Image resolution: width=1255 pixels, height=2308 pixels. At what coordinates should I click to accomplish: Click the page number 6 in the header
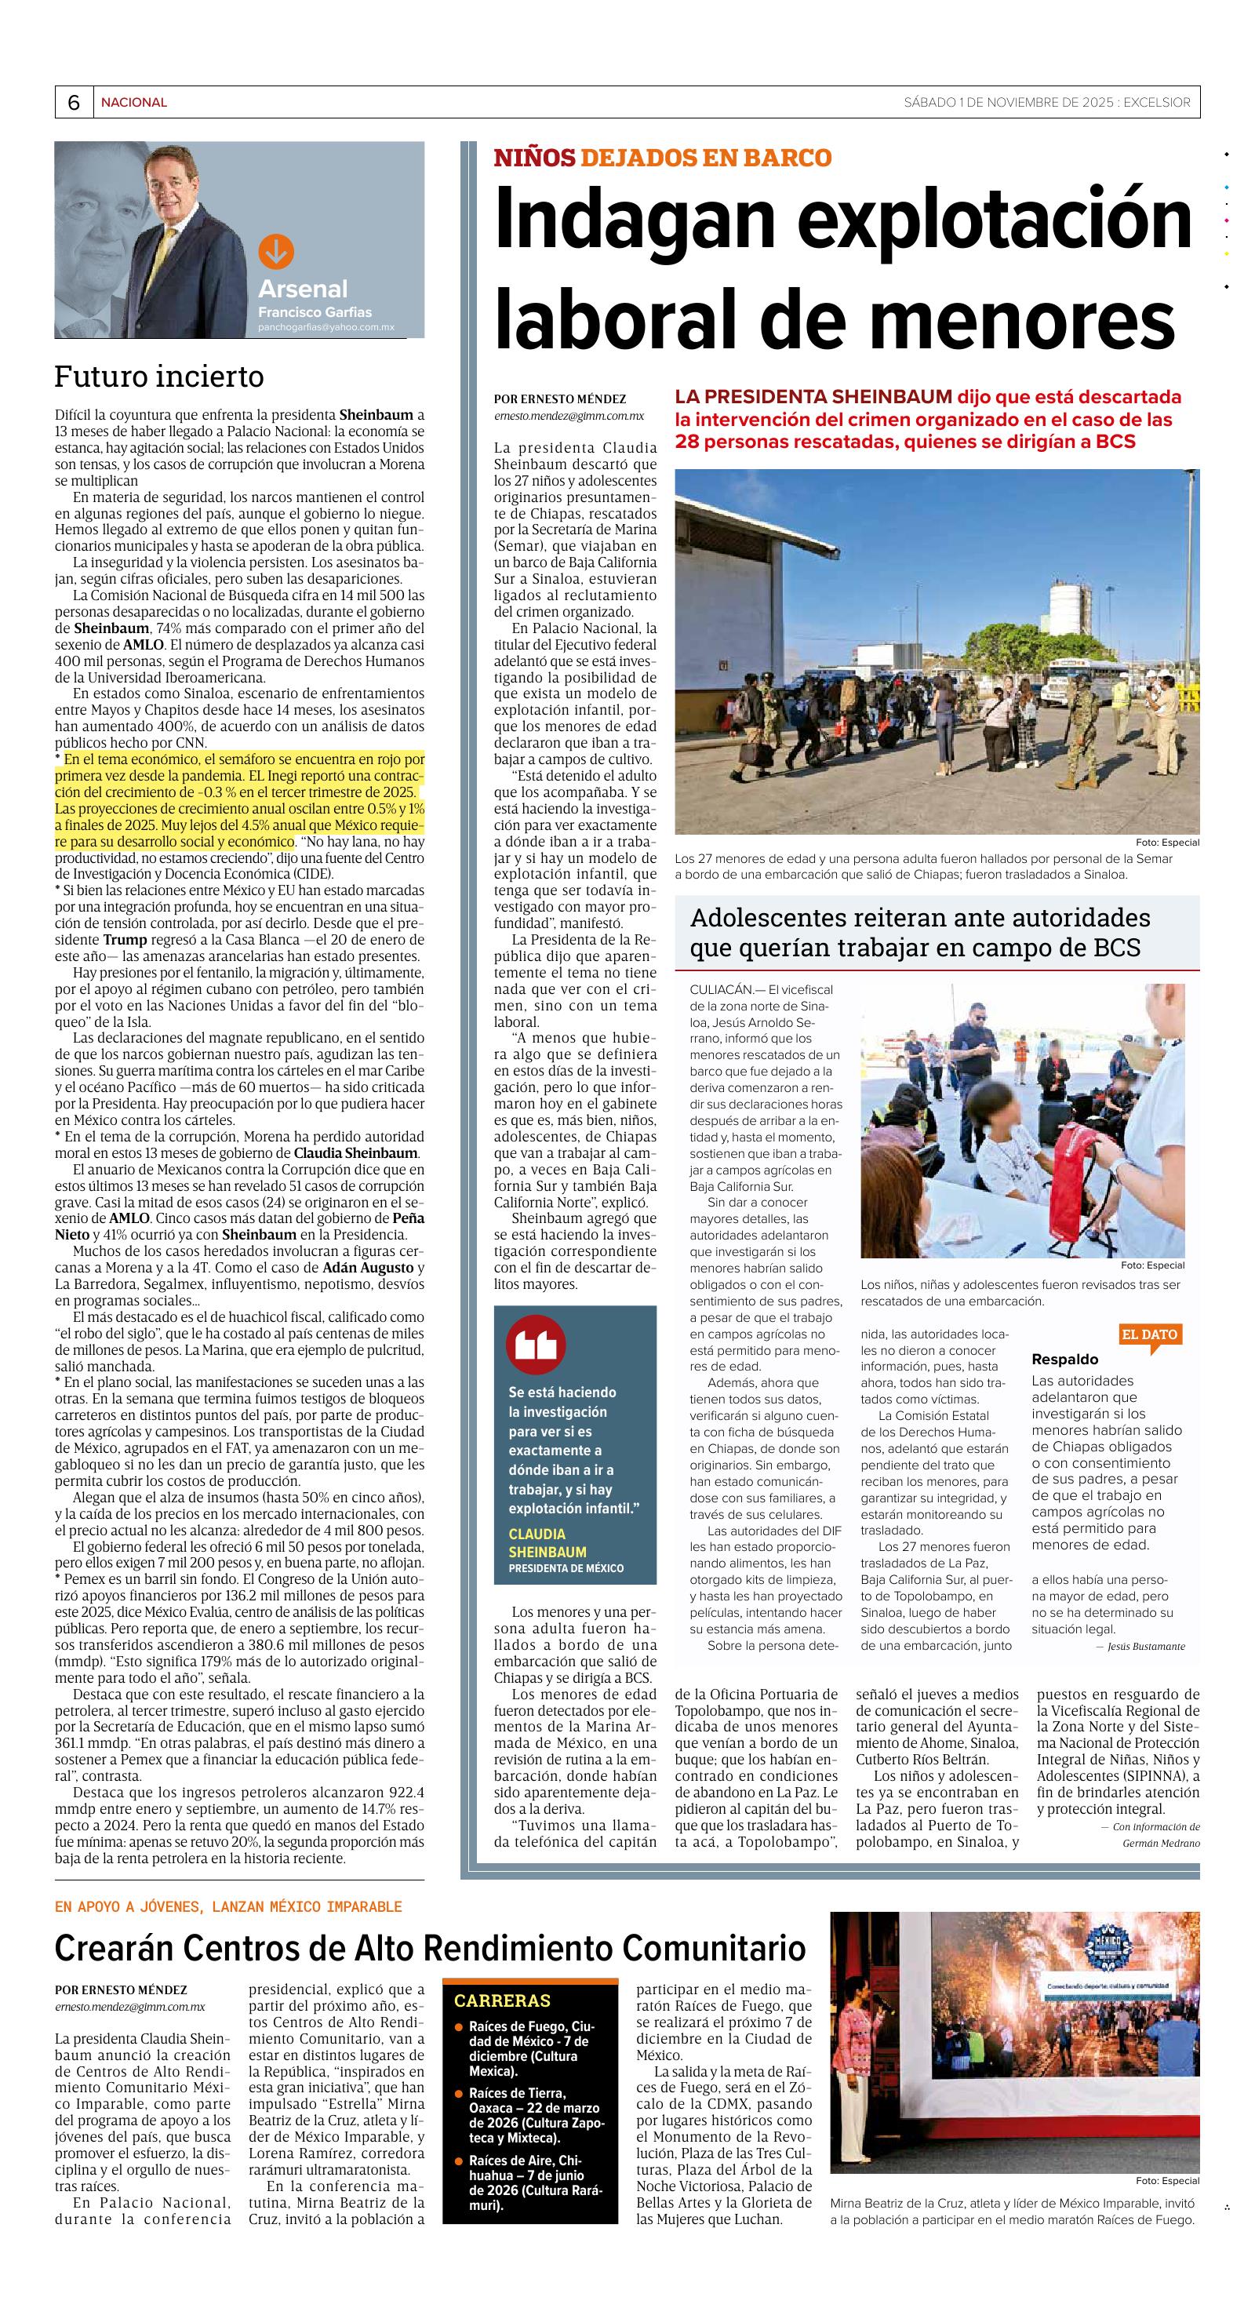pyautogui.click(x=74, y=102)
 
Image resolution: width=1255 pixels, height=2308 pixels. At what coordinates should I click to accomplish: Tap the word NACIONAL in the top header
pyautogui.click(x=133, y=102)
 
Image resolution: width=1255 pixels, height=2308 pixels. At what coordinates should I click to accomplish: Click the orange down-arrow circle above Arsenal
pyautogui.click(x=276, y=252)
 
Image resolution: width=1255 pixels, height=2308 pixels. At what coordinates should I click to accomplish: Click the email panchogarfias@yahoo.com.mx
pyautogui.click(x=326, y=328)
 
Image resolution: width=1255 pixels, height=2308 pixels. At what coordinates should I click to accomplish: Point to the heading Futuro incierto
pyautogui.click(x=158, y=377)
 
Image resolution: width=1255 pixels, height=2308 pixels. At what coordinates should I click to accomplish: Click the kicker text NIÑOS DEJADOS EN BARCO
pyautogui.click(x=662, y=158)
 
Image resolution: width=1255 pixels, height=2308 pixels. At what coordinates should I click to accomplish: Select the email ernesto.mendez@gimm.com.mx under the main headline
pyautogui.click(x=568, y=416)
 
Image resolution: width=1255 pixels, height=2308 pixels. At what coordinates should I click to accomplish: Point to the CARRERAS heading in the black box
pyautogui.click(x=502, y=2000)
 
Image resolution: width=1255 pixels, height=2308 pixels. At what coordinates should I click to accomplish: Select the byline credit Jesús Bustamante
pyautogui.click(x=1145, y=1646)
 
